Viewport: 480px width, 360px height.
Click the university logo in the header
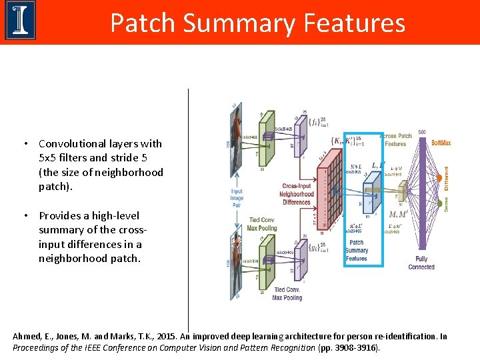20,21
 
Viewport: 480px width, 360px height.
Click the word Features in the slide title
353,23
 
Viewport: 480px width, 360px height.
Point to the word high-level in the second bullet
113,216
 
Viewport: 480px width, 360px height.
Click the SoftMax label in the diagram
441,143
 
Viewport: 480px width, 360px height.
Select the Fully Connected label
421,263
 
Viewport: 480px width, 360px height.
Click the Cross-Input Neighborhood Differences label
297,194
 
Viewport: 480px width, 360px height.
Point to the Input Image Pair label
237,198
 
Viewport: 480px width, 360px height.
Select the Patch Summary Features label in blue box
357,251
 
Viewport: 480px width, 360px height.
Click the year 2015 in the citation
161,337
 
